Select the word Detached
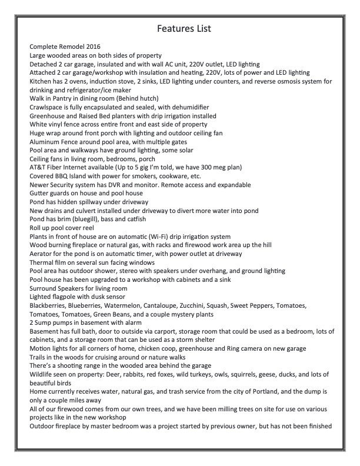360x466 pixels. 44,64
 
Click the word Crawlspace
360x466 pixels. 48,107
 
